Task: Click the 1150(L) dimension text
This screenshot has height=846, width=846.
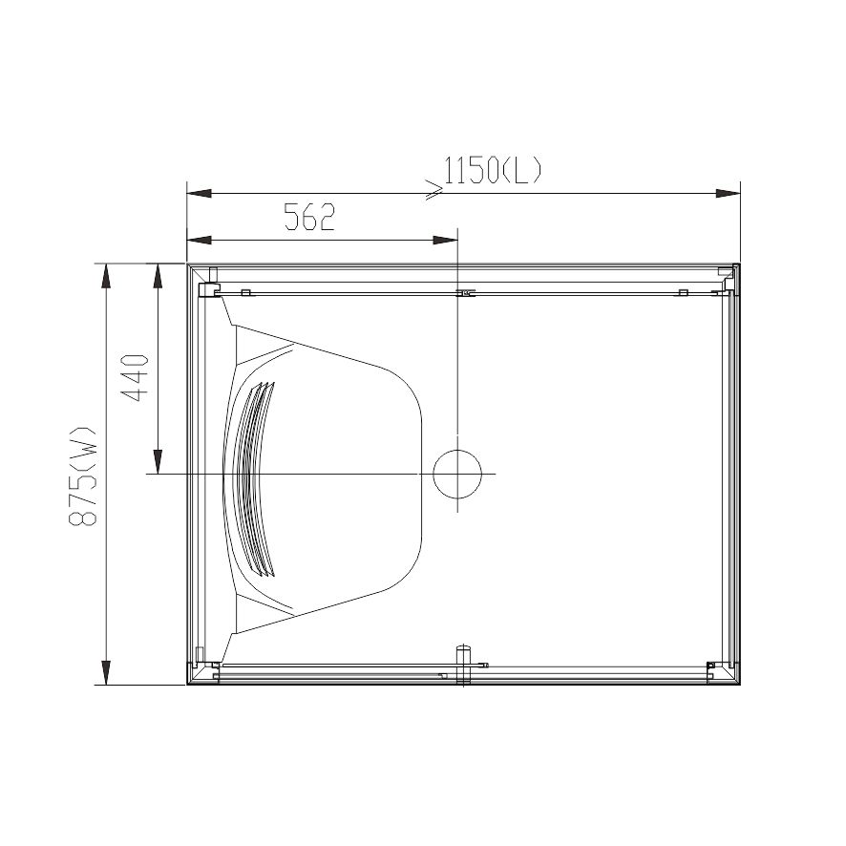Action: coord(494,171)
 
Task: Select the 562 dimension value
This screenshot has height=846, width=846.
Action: coord(310,218)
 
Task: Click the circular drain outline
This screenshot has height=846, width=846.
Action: coord(457,474)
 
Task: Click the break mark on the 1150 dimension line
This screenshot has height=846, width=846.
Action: coord(434,192)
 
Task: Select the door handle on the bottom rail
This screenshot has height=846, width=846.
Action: coord(463,662)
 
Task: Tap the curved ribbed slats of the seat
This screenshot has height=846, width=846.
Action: coord(252,477)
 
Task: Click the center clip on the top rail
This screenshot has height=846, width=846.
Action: coord(464,292)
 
